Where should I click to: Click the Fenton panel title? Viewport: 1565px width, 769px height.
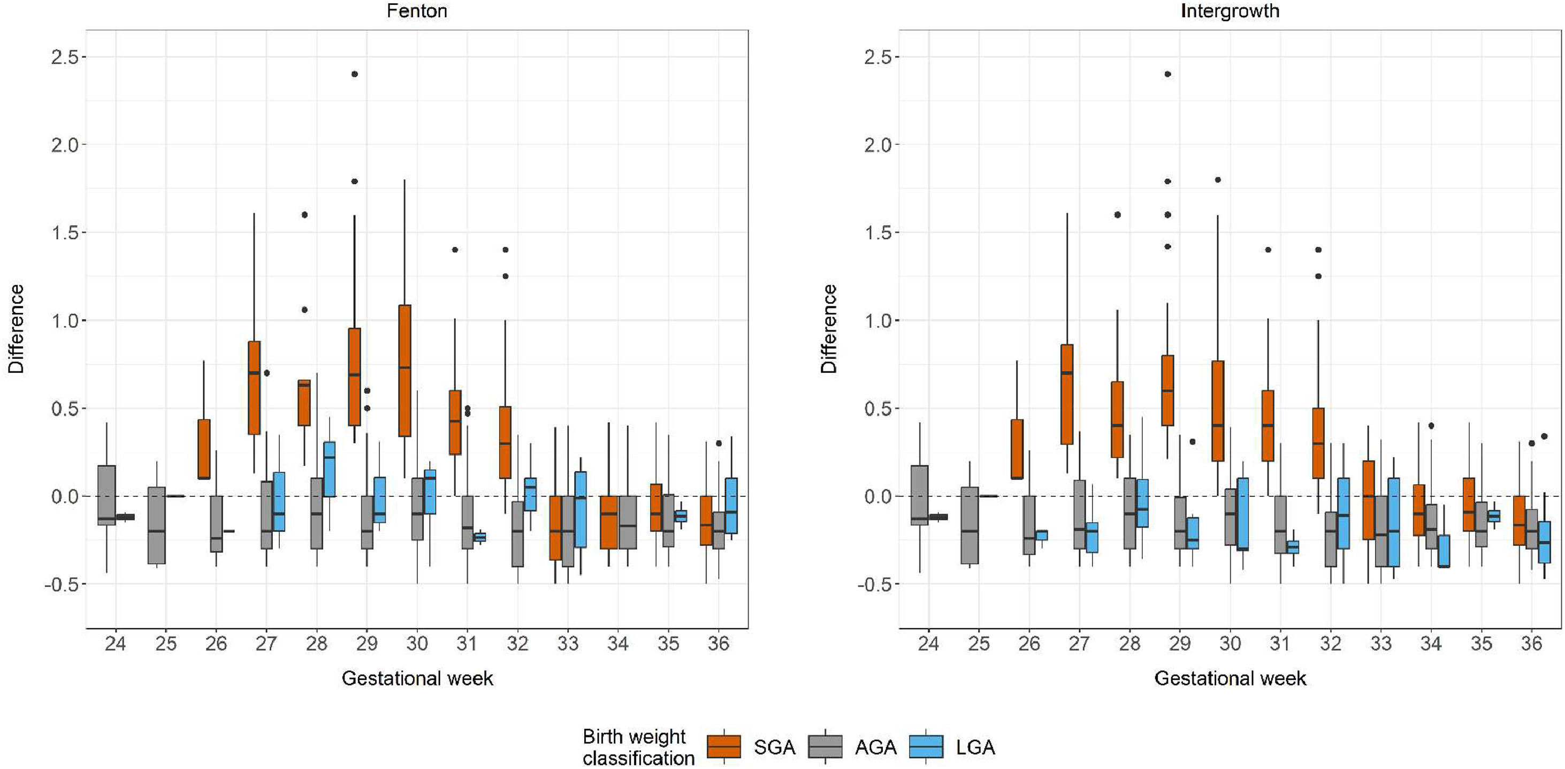[x=417, y=10]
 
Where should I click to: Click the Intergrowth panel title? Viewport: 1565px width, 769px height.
[x=1230, y=10]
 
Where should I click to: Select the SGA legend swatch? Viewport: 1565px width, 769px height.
[x=723, y=746]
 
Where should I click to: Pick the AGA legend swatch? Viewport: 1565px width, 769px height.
[x=825, y=746]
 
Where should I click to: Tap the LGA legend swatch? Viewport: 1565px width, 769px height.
[x=926, y=746]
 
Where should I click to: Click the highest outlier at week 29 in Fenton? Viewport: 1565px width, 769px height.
[x=355, y=74]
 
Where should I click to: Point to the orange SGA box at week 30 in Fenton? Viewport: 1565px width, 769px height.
[x=404, y=370]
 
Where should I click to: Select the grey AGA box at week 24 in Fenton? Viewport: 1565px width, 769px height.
[x=106, y=495]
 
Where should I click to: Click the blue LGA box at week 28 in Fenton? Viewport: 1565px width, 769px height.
[x=329, y=469]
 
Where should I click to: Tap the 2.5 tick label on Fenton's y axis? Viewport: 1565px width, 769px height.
[x=64, y=57]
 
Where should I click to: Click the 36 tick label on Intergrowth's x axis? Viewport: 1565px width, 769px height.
[x=1531, y=643]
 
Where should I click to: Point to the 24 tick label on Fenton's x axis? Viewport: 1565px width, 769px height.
[x=115, y=643]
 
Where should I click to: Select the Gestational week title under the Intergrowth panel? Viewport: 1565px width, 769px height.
[x=1230, y=678]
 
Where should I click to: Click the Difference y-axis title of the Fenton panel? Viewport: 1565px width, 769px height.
[x=16, y=329]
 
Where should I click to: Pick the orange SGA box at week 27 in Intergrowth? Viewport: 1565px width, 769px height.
[x=1067, y=395]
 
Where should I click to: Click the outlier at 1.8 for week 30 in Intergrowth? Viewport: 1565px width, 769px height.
[x=1218, y=180]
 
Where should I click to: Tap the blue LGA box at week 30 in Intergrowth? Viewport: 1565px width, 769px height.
[x=1242, y=514]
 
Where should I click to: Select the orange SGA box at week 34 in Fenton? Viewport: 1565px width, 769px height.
[x=609, y=522]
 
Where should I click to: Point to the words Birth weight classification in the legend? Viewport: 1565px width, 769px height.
[x=638, y=747]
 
